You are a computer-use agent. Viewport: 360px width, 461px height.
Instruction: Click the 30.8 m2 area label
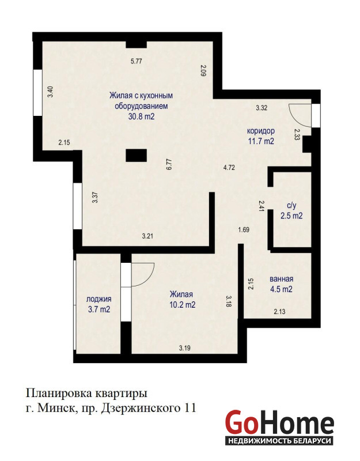click(x=141, y=116)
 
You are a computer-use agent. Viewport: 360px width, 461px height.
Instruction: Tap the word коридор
click(x=261, y=131)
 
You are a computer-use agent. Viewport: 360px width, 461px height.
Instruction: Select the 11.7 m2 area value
click(x=262, y=141)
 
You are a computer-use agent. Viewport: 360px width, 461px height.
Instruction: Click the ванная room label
click(x=281, y=279)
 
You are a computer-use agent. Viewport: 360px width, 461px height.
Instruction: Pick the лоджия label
click(x=98, y=299)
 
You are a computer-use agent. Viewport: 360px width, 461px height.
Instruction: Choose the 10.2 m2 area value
click(x=182, y=305)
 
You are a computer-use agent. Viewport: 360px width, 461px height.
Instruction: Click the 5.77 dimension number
click(x=137, y=61)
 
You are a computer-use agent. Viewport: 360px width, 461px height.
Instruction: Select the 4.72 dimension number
click(x=229, y=168)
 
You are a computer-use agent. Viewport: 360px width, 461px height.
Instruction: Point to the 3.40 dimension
click(x=50, y=92)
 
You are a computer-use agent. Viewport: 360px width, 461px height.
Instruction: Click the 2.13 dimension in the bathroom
click(x=279, y=312)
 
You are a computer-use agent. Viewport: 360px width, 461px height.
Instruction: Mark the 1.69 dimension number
click(x=244, y=229)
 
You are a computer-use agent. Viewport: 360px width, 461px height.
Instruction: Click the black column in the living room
click(x=136, y=155)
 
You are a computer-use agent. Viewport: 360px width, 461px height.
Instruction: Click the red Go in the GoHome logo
click(x=241, y=423)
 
